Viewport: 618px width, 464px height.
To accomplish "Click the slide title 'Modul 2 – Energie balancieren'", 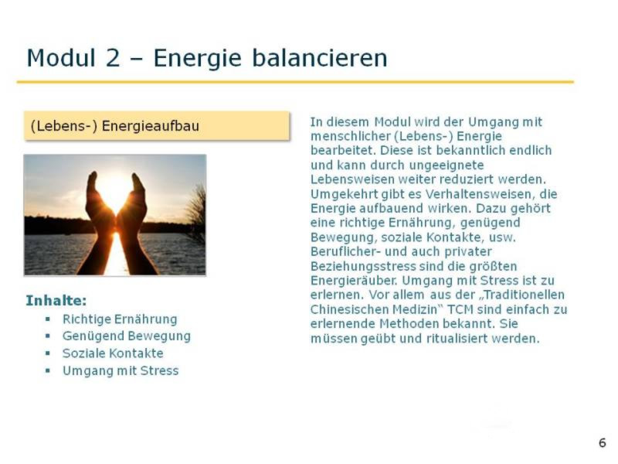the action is pos(207,58).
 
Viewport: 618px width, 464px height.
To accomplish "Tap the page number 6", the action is pos(602,442).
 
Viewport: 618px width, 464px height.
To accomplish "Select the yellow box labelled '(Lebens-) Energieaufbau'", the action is pos(157,126).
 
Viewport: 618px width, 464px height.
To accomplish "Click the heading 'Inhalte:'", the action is pos(56,301).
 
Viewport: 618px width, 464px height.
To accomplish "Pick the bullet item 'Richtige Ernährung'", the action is pos(120,319).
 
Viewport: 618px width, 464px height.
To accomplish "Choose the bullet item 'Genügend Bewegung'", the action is pos(127,336).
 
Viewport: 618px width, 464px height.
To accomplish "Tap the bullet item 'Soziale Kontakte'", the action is pos(113,353).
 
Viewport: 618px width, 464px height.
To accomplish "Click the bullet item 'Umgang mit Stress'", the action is pos(121,370).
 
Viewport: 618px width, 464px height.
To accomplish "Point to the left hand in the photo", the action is pos(99,221).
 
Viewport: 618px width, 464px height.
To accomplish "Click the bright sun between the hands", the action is pos(115,189).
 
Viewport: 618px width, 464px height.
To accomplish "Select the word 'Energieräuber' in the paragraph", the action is pos(355,281).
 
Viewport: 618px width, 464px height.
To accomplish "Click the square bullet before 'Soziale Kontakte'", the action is pos(48,353).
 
